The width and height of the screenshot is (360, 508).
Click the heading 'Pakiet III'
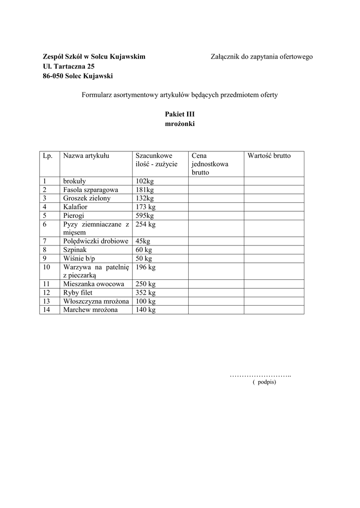click(x=180, y=114)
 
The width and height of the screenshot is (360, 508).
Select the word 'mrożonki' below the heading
click(x=180, y=124)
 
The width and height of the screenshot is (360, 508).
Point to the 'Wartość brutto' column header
click(x=269, y=156)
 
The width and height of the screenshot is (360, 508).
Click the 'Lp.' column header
click(x=48, y=156)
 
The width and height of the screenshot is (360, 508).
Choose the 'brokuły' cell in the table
click(x=74, y=181)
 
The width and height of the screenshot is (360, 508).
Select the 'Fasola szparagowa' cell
click(x=90, y=190)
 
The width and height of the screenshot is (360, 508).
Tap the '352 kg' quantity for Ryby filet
click(x=145, y=293)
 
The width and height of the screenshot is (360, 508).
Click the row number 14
click(x=47, y=310)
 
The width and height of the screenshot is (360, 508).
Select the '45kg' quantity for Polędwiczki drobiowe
click(x=143, y=241)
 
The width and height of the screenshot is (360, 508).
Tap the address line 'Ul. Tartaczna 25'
click(x=69, y=66)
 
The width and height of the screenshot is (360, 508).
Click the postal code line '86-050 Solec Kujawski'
click(x=78, y=76)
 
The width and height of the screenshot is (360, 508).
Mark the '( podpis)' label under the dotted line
click(x=264, y=382)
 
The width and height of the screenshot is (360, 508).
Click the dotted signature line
click(x=260, y=375)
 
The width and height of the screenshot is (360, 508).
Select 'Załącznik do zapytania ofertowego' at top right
click(x=262, y=57)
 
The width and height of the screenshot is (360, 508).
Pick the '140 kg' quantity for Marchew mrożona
click(x=145, y=310)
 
